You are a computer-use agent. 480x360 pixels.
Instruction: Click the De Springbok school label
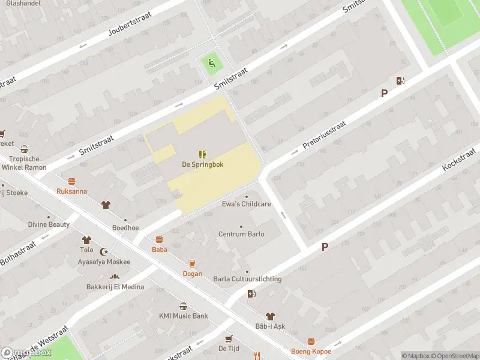pyautogui.click(x=203, y=164)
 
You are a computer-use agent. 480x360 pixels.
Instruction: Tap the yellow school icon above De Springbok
pyautogui.click(x=203, y=154)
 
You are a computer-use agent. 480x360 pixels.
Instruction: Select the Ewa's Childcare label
pyautogui.click(x=247, y=204)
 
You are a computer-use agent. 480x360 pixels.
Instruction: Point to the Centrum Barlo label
pyautogui.click(x=241, y=234)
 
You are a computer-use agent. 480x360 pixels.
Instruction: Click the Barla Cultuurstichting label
pyautogui.click(x=247, y=279)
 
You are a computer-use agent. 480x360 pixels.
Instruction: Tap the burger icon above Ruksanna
pyautogui.click(x=72, y=181)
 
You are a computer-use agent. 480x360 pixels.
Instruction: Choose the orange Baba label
pyautogui.click(x=159, y=249)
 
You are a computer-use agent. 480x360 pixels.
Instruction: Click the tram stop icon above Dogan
pyautogui.click(x=193, y=263)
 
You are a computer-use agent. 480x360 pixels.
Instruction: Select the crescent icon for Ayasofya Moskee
pyautogui.click(x=107, y=252)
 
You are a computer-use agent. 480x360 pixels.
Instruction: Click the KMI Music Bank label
pyautogui.click(x=183, y=316)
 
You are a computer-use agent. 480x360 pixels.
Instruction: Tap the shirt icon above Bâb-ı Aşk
pyautogui.click(x=270, y=316)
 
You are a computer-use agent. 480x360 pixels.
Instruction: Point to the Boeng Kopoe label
pyautogui.click(x=311, y=352)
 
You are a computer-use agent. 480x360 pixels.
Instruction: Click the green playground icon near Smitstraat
pyautogui.click(x=210, y=62)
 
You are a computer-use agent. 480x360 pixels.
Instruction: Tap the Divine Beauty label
pyautogui.click(x=49, y=224)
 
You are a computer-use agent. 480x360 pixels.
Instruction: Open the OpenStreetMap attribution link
pyautogui.click(x=453, y=356)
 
